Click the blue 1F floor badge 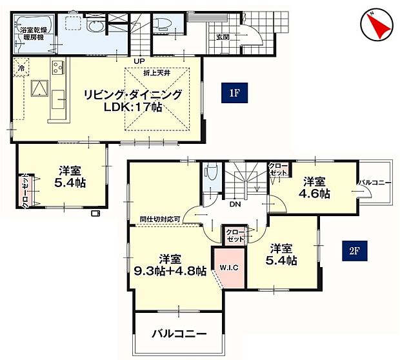click(234, 93)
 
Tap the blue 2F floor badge click(355, 251)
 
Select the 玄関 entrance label click(223, 37)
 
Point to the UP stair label click(139, 61)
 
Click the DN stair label click(235, 204)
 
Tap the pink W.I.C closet click(229, 268)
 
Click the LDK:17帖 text click(133, 107)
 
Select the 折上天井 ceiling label click(157, 73)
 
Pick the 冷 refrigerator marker click(21, 68)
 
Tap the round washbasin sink click(95, 27)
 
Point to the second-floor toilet click(212, 173)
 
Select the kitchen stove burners click(58, 67)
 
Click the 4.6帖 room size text click(314, 194)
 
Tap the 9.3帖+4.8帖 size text click(170, 271)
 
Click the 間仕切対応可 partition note click(160, 219)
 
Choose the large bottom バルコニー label click(179, 334)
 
